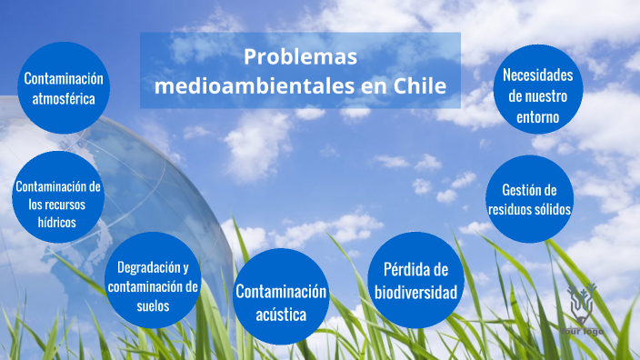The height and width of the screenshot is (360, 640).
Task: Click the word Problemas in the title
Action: click(300, 56)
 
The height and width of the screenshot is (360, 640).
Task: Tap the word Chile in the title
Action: click(420, 86)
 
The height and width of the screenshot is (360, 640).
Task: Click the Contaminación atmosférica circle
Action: click(64, 88)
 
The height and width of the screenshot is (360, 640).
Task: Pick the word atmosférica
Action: click(64, 98)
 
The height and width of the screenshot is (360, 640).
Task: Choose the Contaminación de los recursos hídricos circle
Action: click(57, 203)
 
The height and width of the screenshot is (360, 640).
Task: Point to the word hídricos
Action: click(57, 221)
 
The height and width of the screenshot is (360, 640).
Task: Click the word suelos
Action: click(152, 305)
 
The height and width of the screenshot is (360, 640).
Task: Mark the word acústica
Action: click(280, 315)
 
